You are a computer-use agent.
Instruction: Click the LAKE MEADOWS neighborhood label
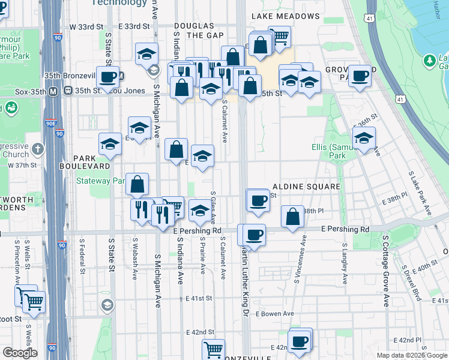tap(285, 16)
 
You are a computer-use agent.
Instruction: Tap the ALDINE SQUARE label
tap(306, 187)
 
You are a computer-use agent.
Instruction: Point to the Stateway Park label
tap(100, 180)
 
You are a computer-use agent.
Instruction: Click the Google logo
tap(19, 353)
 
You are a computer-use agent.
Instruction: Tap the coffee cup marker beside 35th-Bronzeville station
tap(107, 77)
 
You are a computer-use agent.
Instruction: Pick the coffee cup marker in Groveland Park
tap(360, 76)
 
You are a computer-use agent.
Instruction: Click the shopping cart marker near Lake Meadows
tap(279, 37)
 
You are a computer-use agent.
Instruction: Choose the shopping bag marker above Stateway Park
tap(137, 184)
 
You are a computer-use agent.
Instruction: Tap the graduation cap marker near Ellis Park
tap(363, 138)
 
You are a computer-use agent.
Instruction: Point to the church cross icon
tap(38, 148)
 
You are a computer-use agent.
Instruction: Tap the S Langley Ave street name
tap(345, 264)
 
